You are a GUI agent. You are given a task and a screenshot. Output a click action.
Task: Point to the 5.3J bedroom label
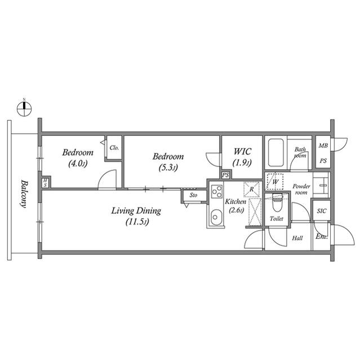169,161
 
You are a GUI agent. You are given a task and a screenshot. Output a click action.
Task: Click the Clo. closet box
114,148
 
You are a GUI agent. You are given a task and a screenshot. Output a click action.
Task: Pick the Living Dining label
136,216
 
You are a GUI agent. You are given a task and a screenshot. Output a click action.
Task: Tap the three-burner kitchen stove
216,192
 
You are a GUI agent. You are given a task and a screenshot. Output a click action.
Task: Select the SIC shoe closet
321,211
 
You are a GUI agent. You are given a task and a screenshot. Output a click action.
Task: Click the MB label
323,146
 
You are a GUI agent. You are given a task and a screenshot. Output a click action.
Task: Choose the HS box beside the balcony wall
45,183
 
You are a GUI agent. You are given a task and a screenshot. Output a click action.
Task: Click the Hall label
297,238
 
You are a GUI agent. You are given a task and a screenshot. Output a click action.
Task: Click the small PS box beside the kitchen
226,175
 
